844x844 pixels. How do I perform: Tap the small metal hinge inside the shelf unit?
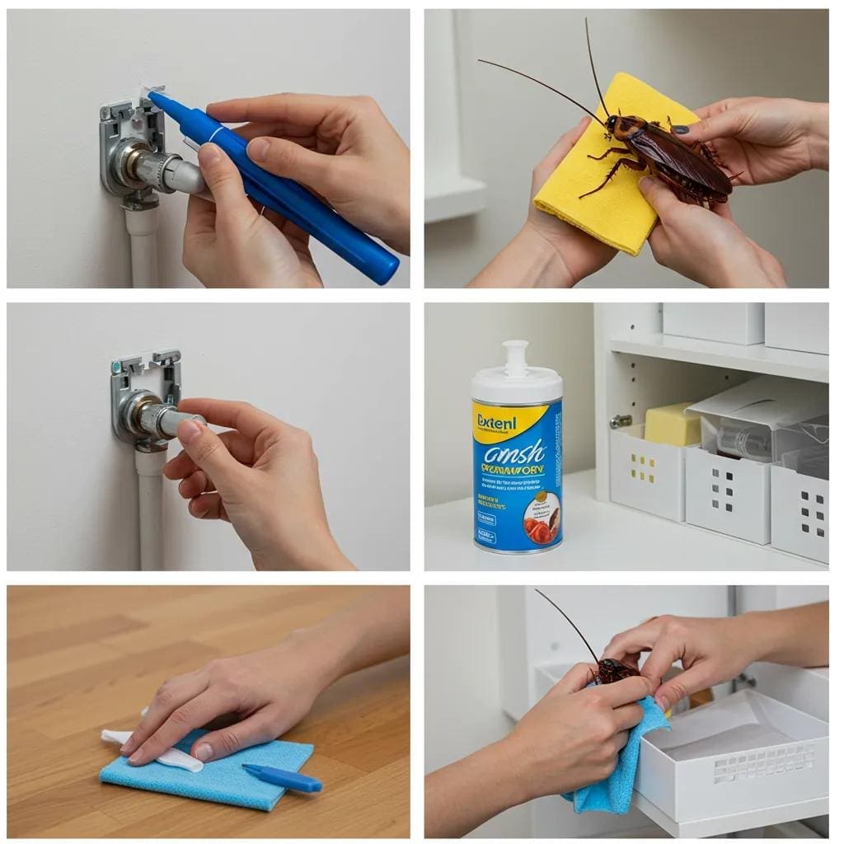click(621, 420)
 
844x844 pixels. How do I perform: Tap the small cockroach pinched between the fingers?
click(615, 669)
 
